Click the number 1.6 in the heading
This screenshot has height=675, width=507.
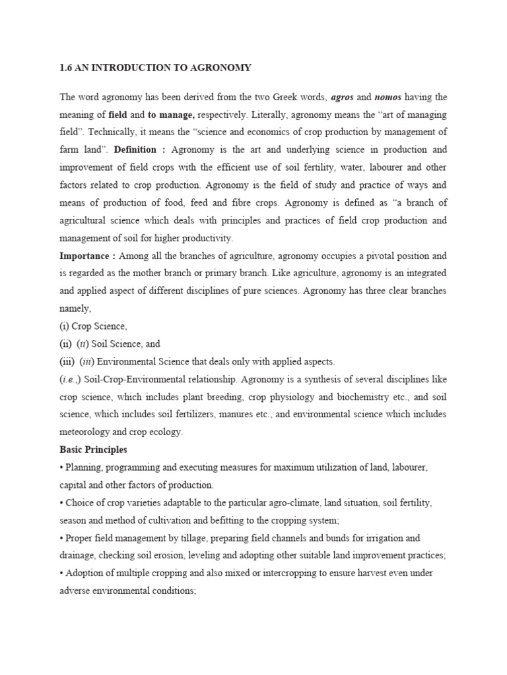tap(66, 67)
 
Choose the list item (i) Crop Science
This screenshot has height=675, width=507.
tap(93, 326)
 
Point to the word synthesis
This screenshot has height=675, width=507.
tap(325, 379)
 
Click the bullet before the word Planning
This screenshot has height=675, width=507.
tap(61, 467)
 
